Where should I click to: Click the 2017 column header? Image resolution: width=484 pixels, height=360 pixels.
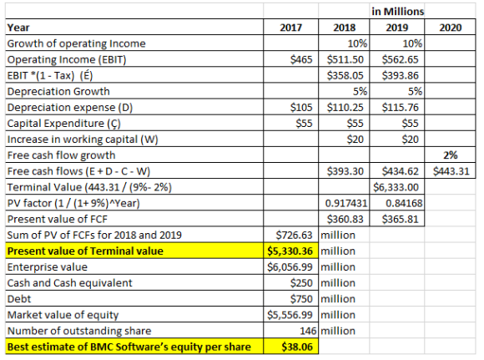click(x=290, y=28)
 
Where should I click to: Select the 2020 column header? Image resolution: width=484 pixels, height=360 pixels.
click(x=451, y=28)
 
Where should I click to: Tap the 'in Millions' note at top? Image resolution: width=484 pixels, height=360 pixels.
click(x=397, y=12)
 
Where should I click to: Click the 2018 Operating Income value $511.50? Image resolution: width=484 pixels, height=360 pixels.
click(x=345, y=59)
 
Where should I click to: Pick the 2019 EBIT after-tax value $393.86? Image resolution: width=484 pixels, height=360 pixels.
click(x=400, y=75)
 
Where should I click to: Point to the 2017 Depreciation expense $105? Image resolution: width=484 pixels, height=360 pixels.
click(x=301, y=107)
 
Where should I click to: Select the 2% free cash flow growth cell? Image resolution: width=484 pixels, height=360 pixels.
click(x=451, y=155)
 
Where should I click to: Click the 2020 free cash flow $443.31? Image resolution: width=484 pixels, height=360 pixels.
click(x=451, y=171)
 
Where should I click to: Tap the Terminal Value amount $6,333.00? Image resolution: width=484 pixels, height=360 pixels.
click(x=396, y=187)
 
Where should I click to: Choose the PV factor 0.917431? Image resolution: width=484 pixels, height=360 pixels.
click(x=346, y=203)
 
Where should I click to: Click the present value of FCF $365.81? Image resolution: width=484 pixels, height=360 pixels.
click(x=400, y=219)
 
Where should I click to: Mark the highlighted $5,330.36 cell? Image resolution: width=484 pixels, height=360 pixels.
click(x=290, y=251)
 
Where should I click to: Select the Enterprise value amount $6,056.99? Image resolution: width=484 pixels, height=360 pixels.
click(x=290, y=267)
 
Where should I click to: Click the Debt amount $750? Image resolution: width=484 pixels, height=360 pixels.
click(x=301, y=299)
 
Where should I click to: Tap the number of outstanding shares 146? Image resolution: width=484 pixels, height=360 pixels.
click(x=308, y=331)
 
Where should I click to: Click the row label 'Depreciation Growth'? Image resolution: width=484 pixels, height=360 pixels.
click(x=58, y=92)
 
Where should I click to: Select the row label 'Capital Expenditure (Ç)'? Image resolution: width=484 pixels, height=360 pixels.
click(x=64, y=124)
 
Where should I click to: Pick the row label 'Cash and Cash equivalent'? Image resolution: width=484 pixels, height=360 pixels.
click(x=70, y=283)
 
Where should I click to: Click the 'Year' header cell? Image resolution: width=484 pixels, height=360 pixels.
click(x=18, y=28)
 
